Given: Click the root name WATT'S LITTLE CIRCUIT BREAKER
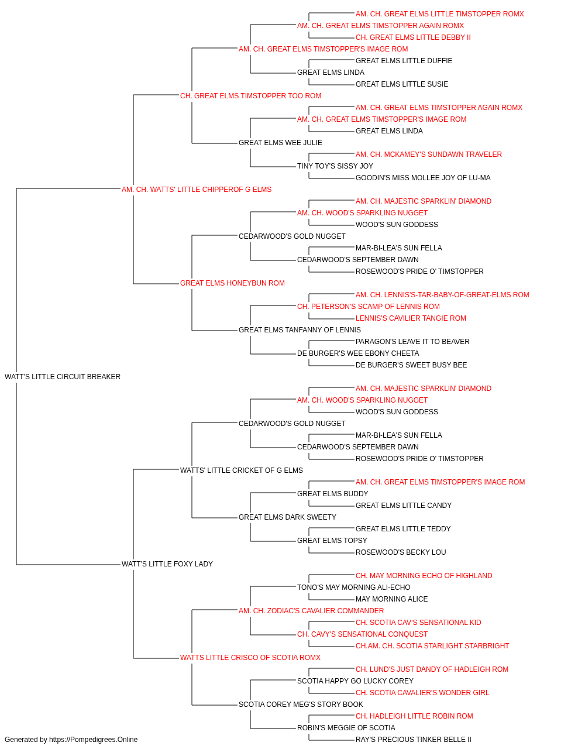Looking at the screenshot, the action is coord(63,377).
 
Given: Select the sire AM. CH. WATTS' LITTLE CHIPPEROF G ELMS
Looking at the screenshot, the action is coord(197,190).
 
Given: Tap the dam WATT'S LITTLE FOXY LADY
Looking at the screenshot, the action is coord(167,564).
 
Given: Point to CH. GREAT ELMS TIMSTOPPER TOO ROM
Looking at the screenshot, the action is coord(250,96).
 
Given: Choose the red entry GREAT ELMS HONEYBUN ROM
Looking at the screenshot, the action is coord(232,283).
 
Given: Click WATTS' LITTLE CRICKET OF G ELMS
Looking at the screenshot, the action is coord(242,470).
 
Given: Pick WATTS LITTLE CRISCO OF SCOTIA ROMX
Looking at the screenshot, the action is coord(250,657).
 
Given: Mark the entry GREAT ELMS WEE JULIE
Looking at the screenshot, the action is coord(280,143).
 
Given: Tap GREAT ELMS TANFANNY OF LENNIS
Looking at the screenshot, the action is coord(300,330).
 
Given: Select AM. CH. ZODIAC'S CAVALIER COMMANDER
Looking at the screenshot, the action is coord(311,611).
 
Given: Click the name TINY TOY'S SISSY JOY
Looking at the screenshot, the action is coord(335,166).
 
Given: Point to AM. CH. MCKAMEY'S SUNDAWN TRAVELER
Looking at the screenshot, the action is coord(429,154).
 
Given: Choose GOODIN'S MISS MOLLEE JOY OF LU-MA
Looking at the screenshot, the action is coord(423,178).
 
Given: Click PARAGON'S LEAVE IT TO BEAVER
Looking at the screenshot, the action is coord(412,342).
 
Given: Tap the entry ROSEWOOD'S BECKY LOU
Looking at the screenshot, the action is coord(401,552).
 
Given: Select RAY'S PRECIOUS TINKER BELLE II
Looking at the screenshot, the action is coord(414,740).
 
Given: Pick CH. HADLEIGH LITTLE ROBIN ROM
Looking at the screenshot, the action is coord(414,716).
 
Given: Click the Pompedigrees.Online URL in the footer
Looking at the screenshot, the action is coord(94,740).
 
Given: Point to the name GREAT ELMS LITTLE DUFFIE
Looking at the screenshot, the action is coord(404,61).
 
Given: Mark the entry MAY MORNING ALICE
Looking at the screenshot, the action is coord(392,599).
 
